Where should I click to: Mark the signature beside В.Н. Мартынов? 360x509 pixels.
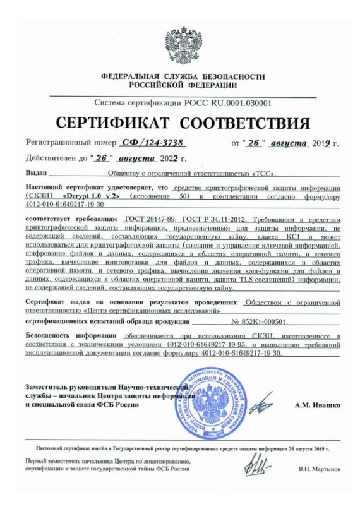[x=259, y=467]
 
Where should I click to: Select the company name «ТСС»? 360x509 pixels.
[x=264, y=171]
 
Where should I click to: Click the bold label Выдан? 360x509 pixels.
[x=37, y=171]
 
